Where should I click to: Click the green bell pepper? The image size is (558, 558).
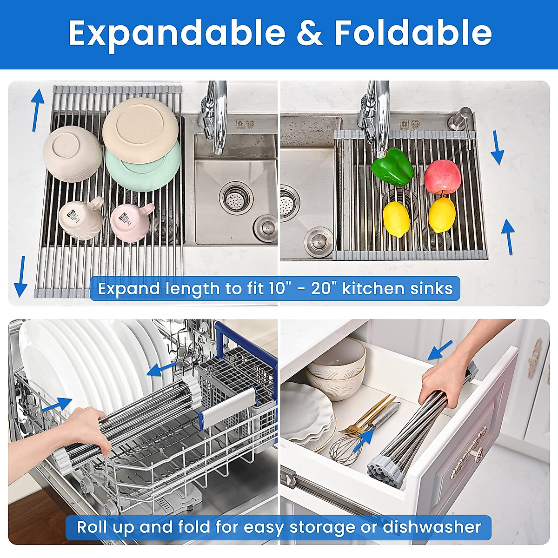tap(392, 166)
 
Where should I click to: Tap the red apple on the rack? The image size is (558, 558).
tap(442, 177)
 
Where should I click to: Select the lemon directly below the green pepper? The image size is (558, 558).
tap(396, 219)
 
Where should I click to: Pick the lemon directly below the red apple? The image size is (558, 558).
tap(441, 215)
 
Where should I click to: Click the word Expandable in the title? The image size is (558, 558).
tap(177, 33)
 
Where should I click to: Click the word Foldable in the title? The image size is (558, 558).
tap(413, 33)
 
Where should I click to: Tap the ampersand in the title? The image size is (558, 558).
tap(309, 33)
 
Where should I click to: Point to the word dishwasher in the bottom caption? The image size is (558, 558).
tap(432, 527)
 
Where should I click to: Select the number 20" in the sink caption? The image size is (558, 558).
tap(324, 288)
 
